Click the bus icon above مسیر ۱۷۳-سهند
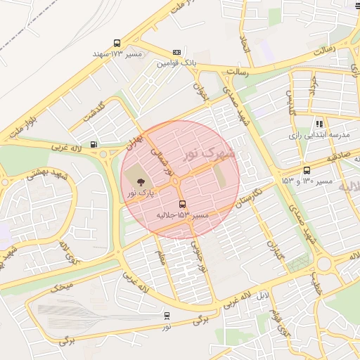tap(117, 43)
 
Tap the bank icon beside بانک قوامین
tap(176, 52)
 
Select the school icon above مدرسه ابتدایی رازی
tap(319, 124)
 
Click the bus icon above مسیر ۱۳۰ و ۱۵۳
tap(306, 170)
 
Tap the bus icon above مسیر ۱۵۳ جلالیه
tap(183, 204)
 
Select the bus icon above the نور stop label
tap(167, 316)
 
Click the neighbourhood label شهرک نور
tap(209, 153)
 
